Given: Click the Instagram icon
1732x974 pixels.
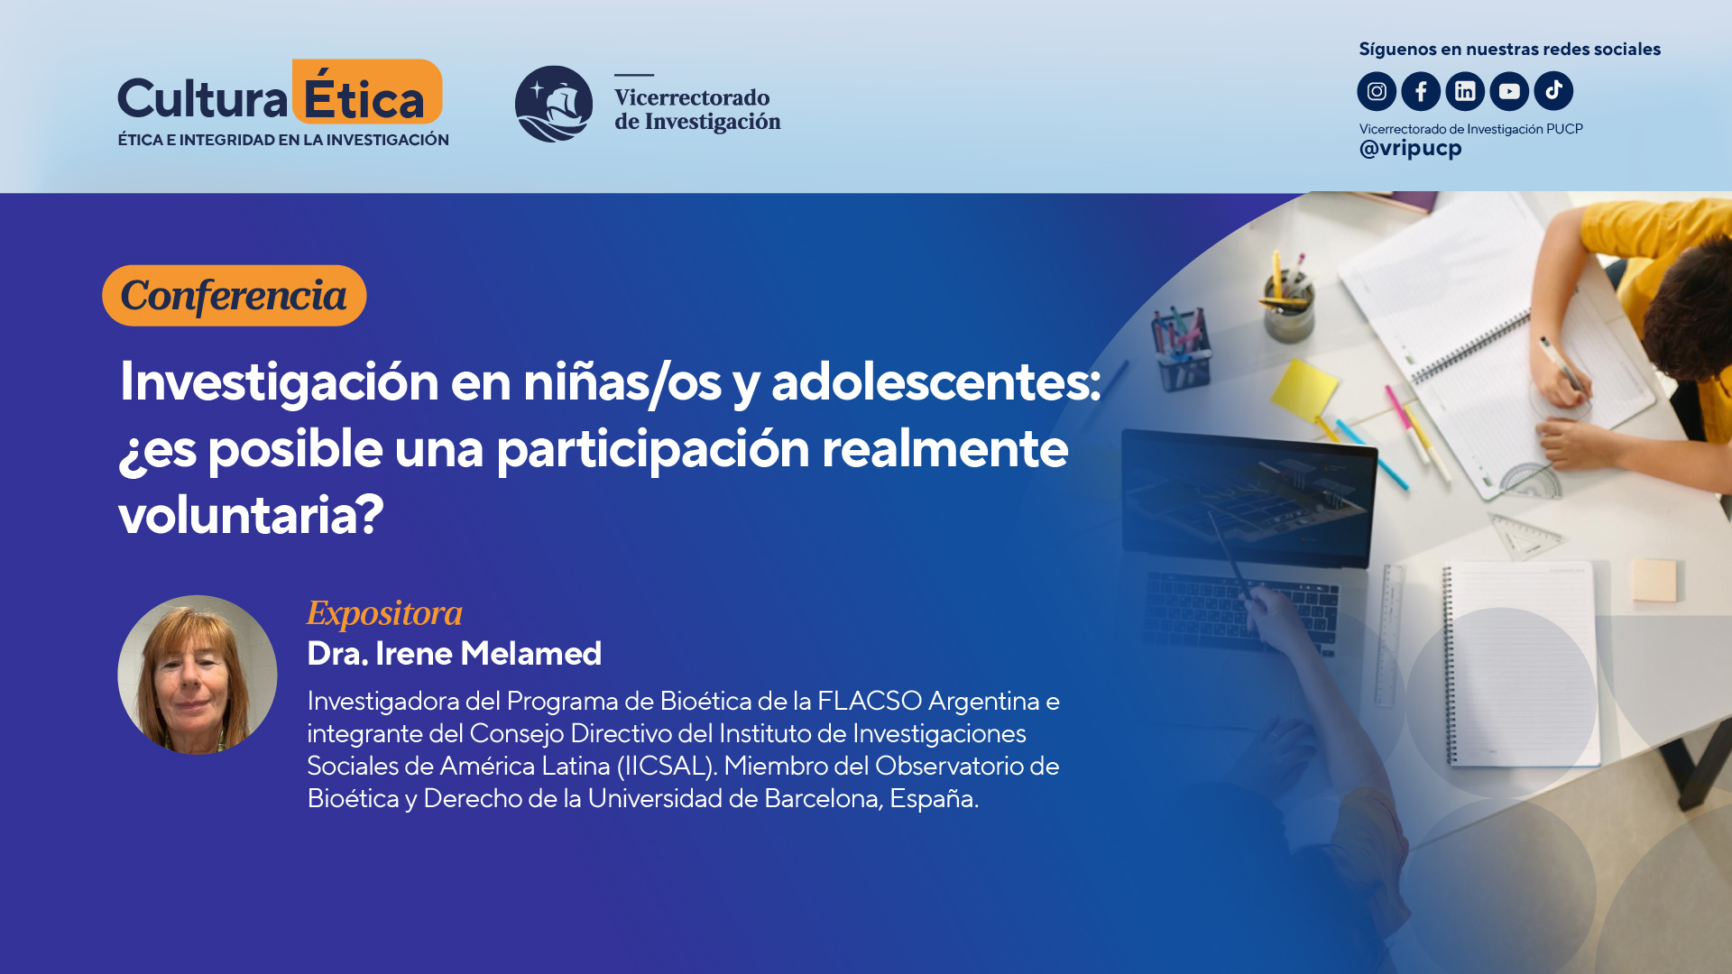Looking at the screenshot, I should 1377,91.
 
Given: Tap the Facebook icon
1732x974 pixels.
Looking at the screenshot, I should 1421,91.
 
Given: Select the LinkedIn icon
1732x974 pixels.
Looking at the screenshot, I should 1465,91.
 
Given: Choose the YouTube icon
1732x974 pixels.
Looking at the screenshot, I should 1509,91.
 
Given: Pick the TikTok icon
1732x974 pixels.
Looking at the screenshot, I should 1553,91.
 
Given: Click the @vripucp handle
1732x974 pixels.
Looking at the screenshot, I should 1410,149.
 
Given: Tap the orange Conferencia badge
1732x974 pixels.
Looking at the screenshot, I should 234,296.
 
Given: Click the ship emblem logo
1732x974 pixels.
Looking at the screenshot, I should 554,104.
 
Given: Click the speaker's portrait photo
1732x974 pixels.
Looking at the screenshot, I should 198,675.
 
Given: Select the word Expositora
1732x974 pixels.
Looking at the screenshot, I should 384,613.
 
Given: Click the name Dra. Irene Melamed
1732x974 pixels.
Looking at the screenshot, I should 454,654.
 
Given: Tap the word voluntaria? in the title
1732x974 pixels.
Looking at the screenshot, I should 251,515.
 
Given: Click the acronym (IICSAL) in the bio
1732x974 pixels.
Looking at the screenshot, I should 667,766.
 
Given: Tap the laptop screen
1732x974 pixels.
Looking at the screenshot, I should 1248,496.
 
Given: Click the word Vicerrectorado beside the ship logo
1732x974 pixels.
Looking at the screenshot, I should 692,97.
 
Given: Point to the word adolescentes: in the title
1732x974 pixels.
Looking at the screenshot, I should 935,381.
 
